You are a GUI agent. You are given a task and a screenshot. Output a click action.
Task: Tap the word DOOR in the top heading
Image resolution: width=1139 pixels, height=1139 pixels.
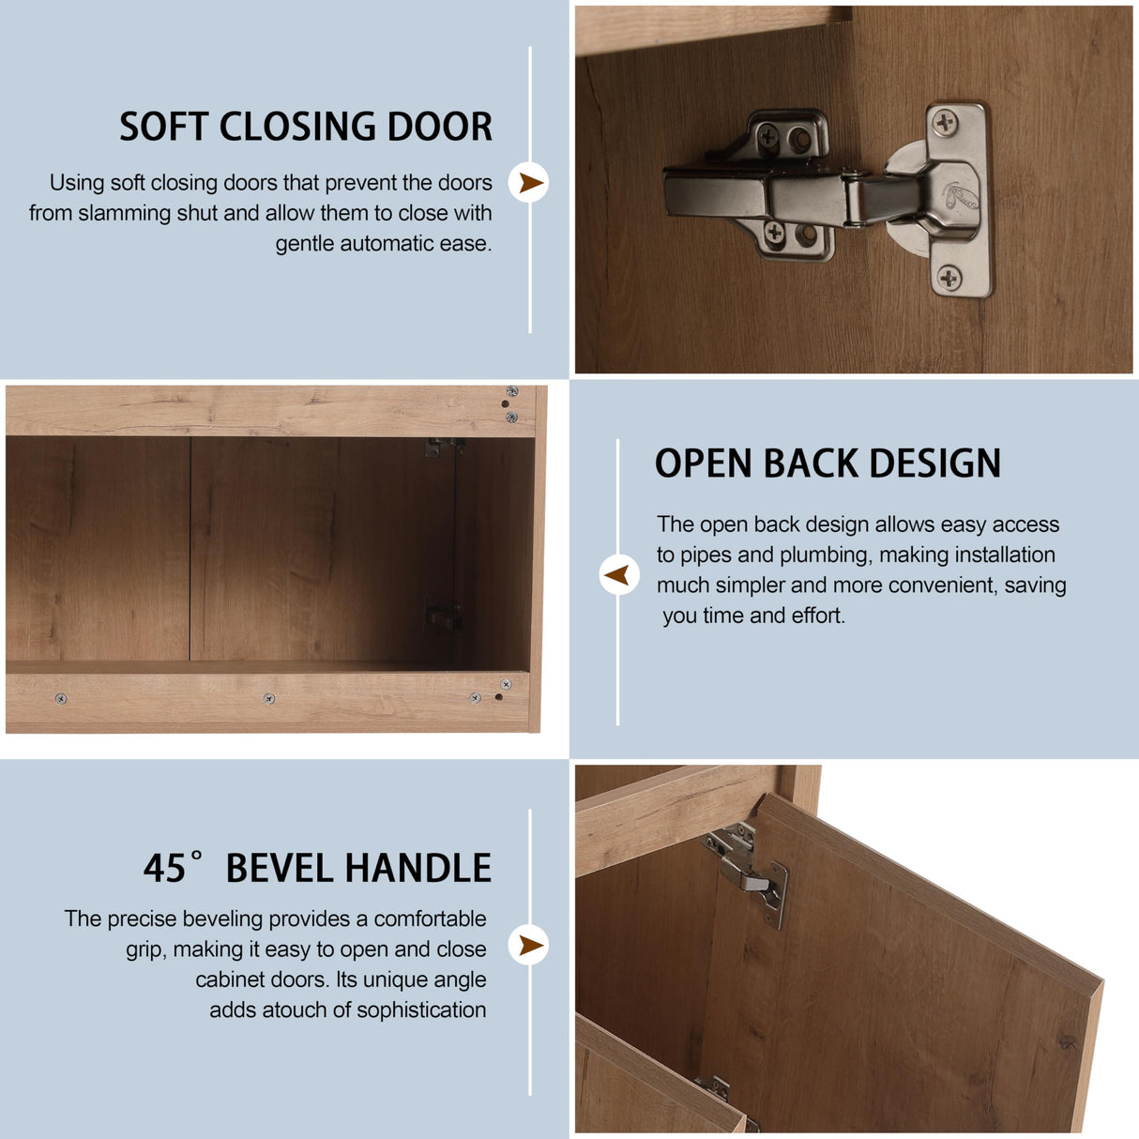pos(440,127)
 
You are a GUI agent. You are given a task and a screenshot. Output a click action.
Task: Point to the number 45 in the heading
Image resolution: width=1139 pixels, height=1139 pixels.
pos(165,869)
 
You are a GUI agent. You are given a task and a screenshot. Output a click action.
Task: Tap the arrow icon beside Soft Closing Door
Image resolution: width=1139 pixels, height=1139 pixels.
pos(529,183)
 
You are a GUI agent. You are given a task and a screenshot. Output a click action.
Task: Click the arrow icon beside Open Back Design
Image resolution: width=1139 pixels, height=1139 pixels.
pos(618,574)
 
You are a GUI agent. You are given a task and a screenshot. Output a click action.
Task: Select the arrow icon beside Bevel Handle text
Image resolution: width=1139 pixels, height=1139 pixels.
pos(529,945)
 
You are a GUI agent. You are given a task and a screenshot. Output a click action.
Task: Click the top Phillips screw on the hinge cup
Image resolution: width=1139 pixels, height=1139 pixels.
pos(945,120)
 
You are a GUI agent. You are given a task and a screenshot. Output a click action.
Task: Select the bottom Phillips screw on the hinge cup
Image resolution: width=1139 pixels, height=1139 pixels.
pos(949,277)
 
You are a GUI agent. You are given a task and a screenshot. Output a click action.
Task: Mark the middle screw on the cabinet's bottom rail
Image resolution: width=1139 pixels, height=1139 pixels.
pos(269,698)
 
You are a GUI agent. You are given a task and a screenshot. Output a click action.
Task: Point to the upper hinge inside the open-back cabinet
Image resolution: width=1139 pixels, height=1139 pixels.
pos(441,448)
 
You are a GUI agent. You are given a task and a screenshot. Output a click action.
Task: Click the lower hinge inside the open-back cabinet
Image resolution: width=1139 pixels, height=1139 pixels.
pos(440,615)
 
